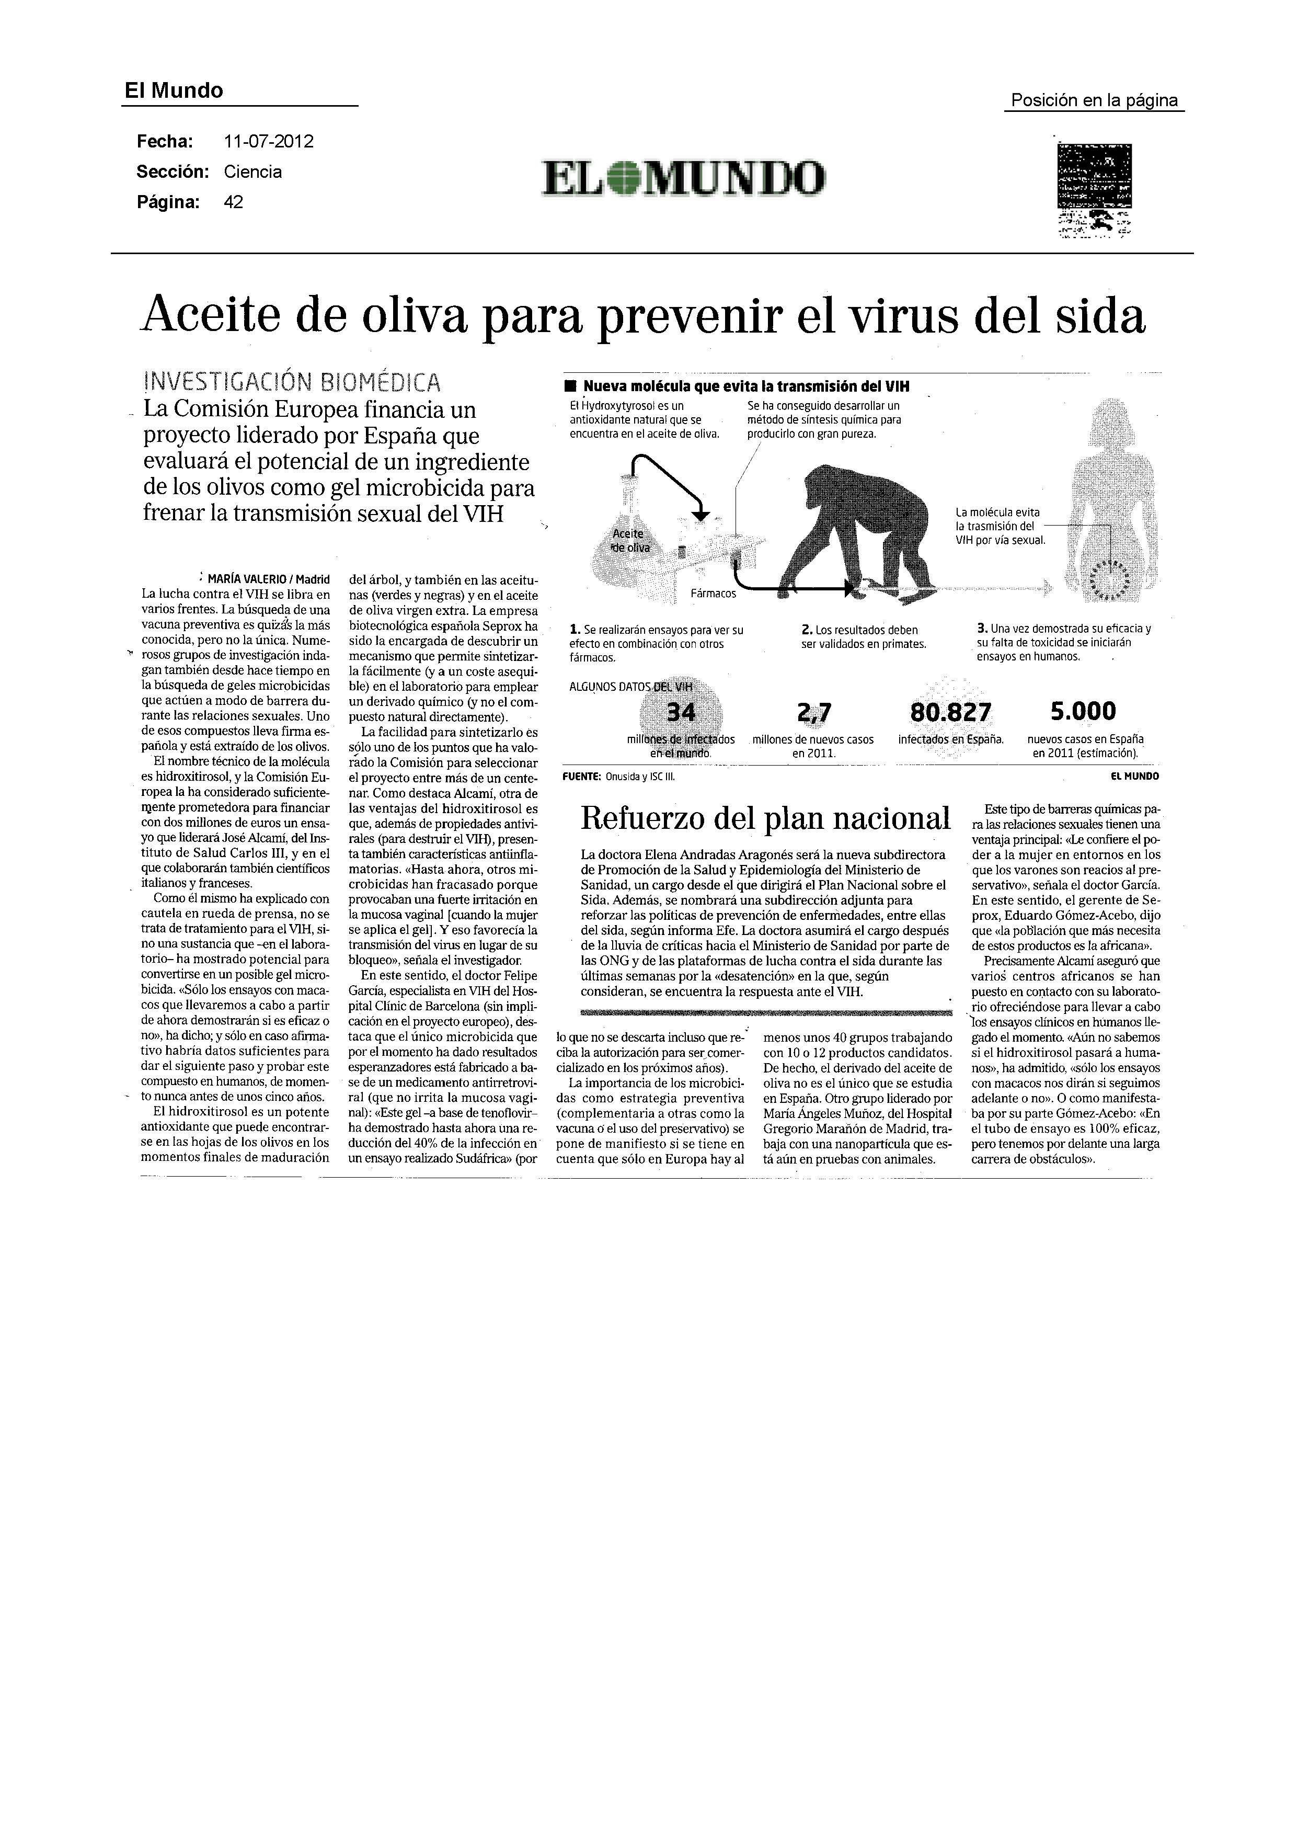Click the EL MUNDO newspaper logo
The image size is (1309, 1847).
[684, 177]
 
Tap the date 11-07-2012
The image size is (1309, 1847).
[268, 142]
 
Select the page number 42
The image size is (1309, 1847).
[233, 202]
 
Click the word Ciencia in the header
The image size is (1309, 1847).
[252, 172]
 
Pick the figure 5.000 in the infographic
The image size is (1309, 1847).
[1083, 711]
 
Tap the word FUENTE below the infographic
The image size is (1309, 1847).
[582, 777]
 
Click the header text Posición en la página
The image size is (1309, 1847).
[1094, 101]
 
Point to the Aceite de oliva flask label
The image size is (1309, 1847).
[629, 540]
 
